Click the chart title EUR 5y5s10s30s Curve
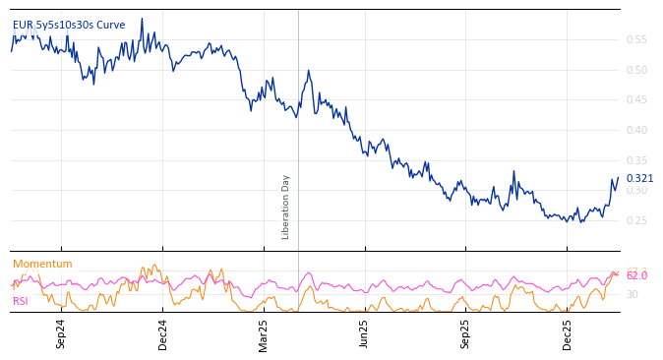point(69,25)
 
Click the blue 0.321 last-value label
point(639,178)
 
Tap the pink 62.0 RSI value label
point(636,275)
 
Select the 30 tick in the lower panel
point(632,294)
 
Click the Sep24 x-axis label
point(61,333)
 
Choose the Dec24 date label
point(162,333)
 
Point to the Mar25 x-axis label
point(264,333)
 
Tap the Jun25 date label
point(365,333)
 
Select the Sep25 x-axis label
point(466,333)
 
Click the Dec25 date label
point(568,333)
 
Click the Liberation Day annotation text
point(286,207)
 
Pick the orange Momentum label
point(42,264)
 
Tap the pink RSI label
point(21,301)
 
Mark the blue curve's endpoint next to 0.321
point(618,178)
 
